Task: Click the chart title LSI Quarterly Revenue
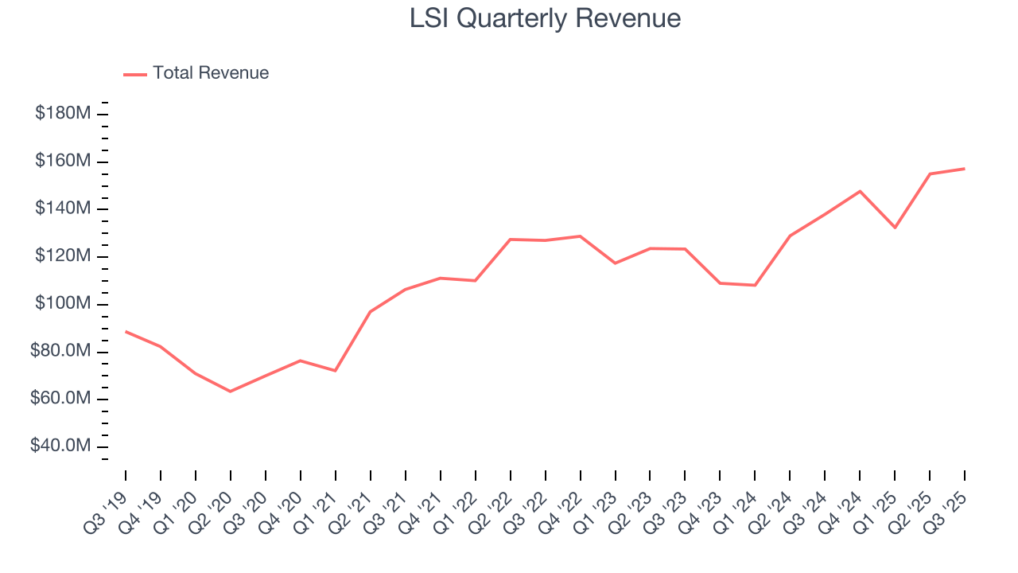[545, 18]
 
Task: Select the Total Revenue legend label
[211, 73]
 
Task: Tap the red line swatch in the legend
[135, 74]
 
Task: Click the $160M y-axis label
[62, 162]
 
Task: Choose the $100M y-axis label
[62, 304]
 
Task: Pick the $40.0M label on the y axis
[60, 446]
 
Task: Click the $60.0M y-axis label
[60, 399]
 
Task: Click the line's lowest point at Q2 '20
[231, 392]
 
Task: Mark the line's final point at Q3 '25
[965, 169]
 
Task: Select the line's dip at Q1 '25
[895, 228]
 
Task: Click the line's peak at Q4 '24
[860, 191]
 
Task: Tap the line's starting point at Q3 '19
[126, 331]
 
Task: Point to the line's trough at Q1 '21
[336, 371]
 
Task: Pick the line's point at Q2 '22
[510, 240]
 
